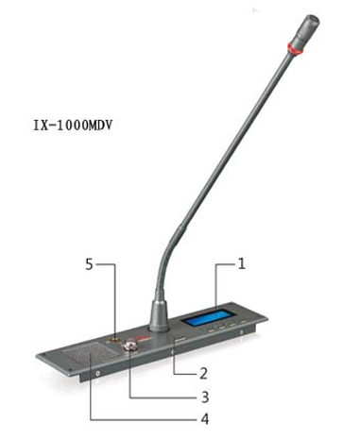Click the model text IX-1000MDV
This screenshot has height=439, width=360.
[73, 126]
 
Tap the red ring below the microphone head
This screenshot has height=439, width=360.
[295, 48]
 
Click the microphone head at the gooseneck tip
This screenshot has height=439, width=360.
[305, 31]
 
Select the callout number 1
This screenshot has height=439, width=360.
[242, 263]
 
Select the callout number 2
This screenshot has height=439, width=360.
[203, 374]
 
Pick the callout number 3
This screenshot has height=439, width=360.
[205, 397]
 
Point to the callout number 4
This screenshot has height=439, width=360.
[205, 419]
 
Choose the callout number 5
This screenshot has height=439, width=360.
[90, 264]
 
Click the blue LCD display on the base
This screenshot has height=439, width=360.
[208, 317]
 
